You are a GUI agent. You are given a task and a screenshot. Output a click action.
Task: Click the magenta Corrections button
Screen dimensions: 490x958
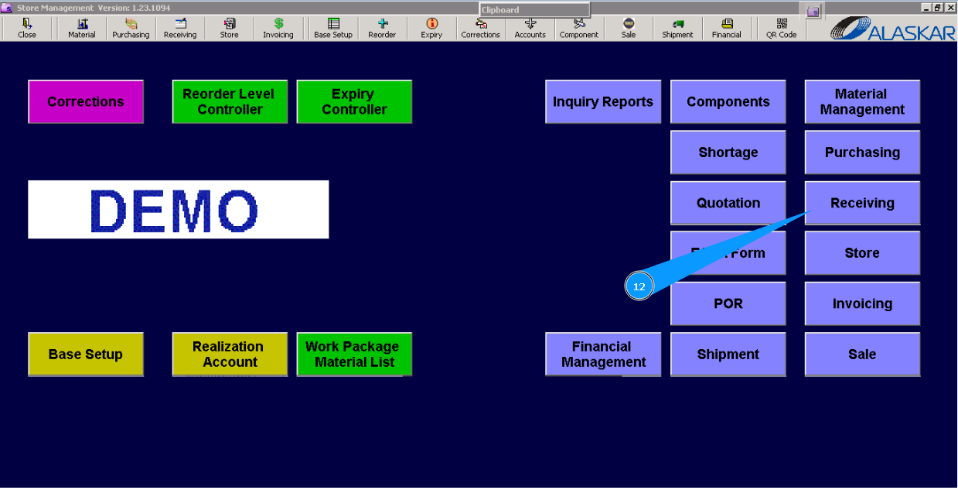coord(86,101)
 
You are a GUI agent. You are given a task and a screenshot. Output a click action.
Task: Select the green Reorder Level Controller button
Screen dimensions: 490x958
coord(230,101)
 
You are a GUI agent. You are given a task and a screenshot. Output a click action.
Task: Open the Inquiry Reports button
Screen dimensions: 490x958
coord(603,101)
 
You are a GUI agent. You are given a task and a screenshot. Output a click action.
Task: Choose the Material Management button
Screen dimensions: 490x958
coord(862,101)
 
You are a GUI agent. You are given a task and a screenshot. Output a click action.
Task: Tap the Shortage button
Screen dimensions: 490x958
coord(728,152)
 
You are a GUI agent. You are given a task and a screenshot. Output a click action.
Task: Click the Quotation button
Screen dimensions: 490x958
coord(728,203)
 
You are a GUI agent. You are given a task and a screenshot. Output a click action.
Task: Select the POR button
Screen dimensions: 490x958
coord(728,303)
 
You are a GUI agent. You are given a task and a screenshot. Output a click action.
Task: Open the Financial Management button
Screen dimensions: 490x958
coord(603,355)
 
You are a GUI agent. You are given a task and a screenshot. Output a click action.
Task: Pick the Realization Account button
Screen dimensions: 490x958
coord(230,355)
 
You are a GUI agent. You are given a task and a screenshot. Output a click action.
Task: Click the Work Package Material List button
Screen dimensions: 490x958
coord(354,355)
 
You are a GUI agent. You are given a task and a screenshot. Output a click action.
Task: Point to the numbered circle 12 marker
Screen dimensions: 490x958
coord(639,286)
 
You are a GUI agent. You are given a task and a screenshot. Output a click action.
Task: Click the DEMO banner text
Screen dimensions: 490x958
coord(178,210)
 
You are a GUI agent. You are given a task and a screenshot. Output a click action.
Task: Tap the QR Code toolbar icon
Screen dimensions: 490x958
coord(781,29)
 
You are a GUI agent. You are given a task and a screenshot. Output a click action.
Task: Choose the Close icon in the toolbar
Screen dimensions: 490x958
coord(27,29)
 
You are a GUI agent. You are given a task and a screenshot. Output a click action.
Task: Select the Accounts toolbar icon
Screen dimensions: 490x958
coord(530,29)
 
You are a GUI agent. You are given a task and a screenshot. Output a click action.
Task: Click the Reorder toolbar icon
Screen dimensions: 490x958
coord(382,29)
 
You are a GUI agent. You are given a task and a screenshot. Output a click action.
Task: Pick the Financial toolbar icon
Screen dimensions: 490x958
coord(726,29)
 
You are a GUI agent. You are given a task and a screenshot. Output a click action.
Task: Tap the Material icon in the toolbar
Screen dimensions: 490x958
coord(82,29)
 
